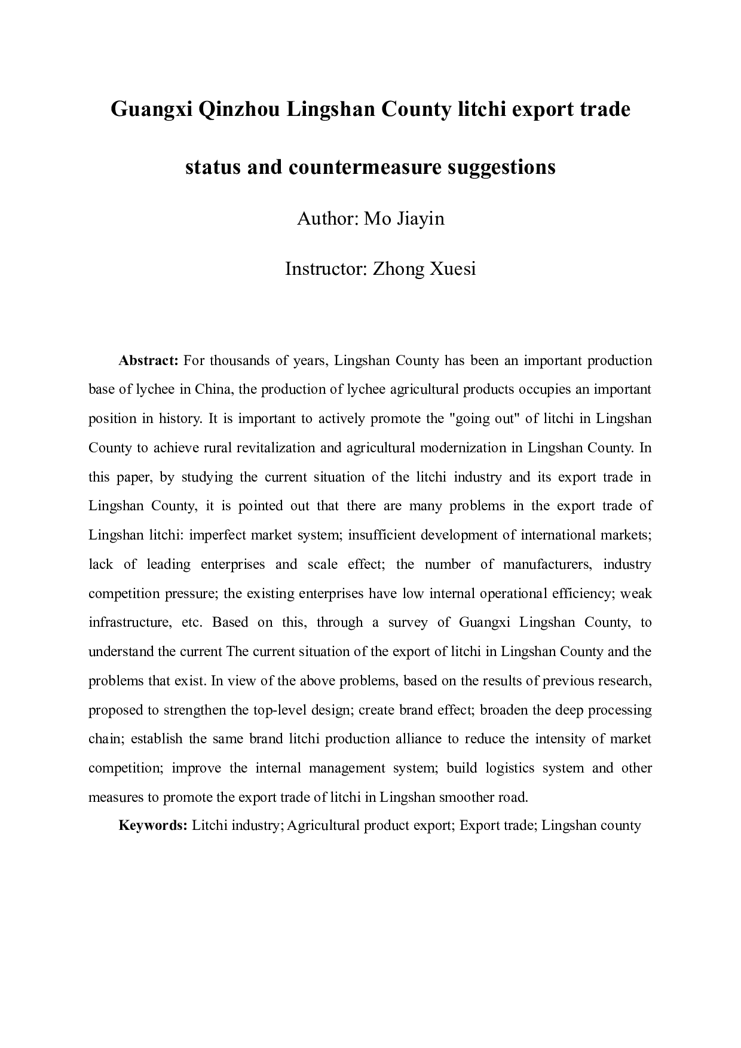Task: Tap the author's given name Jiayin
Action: point(421,219)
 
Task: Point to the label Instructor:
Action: point(326,269)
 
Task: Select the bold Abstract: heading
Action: point(149,360)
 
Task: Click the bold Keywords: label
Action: point(154,826)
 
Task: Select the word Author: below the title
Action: point(327,219)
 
